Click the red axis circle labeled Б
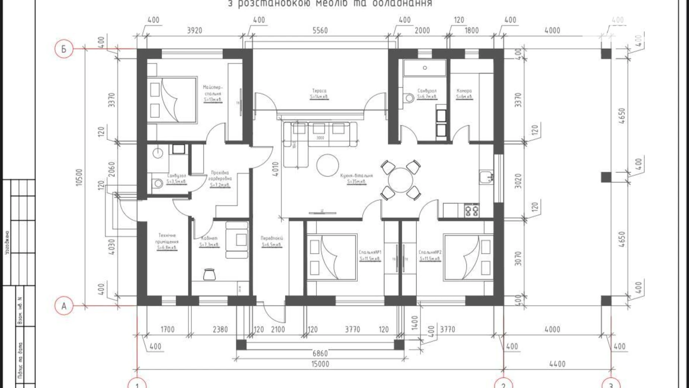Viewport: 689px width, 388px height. pos(64,49)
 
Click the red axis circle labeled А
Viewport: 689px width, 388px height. pos(64,306)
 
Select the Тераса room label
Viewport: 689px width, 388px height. pos(319,94)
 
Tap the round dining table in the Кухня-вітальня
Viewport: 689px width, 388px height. pos(400,180)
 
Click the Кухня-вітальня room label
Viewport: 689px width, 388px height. pos(356,178)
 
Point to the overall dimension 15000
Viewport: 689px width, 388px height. pos(320,364)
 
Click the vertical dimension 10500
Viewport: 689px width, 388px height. pos(79,177)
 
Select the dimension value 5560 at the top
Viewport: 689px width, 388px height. pos(320,31)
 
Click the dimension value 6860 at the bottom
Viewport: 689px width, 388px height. pos(320,353)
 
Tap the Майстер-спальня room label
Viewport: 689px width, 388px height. pos(213,93)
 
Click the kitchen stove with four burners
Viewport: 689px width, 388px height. pos(471,210)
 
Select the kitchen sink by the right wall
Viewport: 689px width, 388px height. pos(485,177)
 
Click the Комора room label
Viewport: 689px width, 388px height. pos(464,94)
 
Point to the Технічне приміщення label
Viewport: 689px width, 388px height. pos(167,241)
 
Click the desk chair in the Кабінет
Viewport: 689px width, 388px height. pos(210,274)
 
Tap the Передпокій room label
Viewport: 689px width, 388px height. pos(272,241)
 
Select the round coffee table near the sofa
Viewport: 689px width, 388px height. pos(328,165)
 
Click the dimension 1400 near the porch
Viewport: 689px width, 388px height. pos(416,323)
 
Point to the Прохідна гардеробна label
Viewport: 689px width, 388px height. pos(220,178)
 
